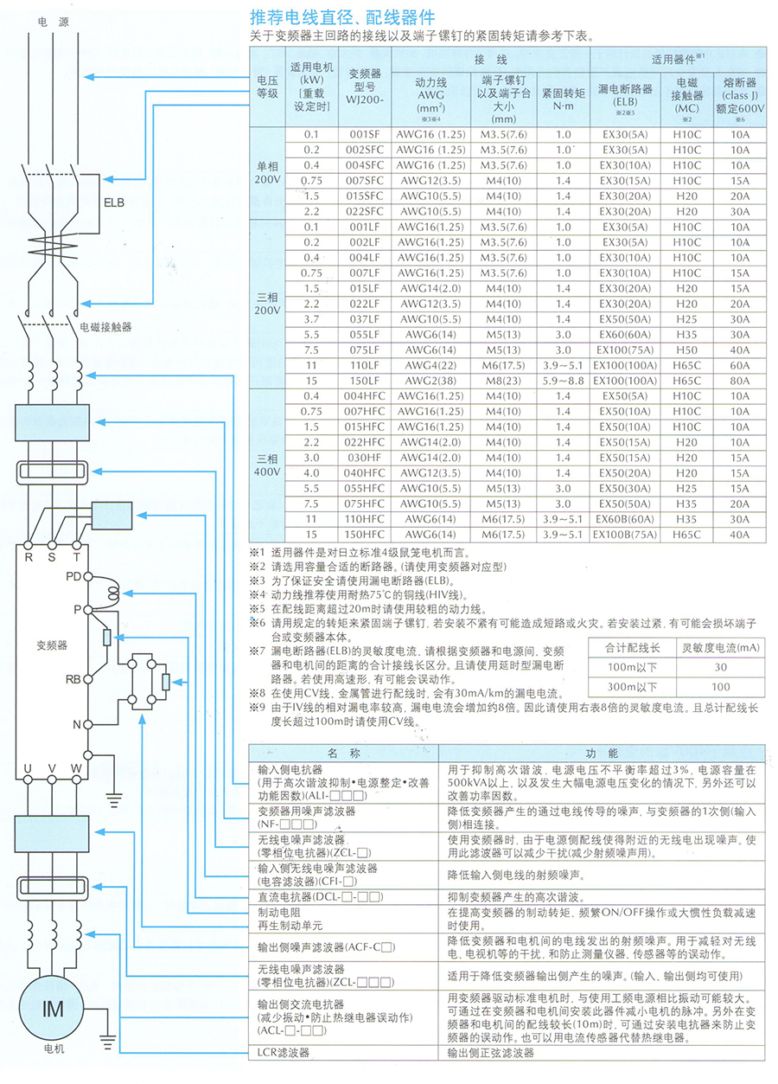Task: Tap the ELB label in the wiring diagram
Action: click(x=113, y=203)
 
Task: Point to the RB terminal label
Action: click(x=73, y=679)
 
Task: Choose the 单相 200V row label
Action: click(x=267, y=172)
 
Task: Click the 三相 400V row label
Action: click(x=267, y=465)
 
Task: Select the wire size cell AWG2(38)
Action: click(x=430, y=381)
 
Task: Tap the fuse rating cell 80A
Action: click(x=739, y=381)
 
